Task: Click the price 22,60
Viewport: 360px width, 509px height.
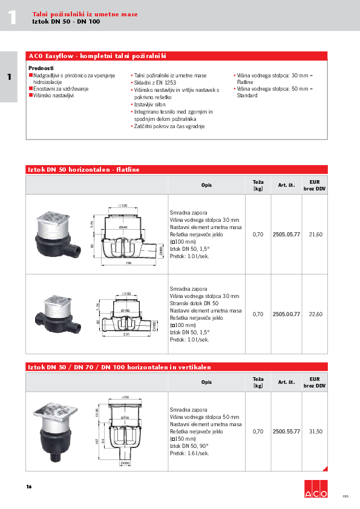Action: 316,314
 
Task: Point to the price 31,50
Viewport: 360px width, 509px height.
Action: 316,431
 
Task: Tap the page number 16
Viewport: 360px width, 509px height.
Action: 29,487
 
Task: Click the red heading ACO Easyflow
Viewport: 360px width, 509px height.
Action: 97,56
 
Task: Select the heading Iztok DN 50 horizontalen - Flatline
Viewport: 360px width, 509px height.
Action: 83,170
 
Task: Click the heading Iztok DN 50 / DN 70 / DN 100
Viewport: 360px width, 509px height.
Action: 118,367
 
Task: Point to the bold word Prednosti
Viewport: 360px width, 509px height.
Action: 41,68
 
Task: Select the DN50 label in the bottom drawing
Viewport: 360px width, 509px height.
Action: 126,463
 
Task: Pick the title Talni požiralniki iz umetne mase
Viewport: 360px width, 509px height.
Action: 85,13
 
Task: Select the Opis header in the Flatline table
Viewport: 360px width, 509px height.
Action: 206,185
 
